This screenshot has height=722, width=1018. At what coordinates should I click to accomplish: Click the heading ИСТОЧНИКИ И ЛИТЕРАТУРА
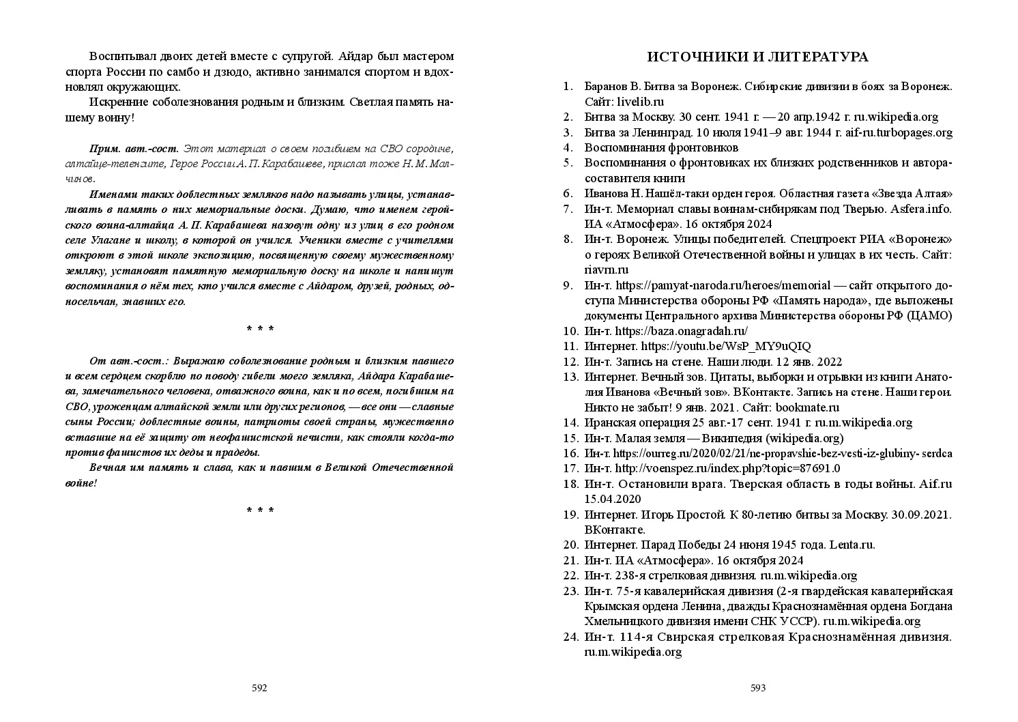pyautogui.click(x=757, y=57)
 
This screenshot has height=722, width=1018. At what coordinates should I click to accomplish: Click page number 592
pyautogui.click(x=259, y=688)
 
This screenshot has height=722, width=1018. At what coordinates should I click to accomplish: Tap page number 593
pyautogui.click(x=758, y=688)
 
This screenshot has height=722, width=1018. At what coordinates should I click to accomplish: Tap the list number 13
pyautogui.click(x=570, y=377)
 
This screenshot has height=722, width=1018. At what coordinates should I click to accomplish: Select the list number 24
pyautogui.click(x=570, y=637)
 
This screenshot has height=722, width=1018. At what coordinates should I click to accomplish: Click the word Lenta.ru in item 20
pyautogui.click(x=851, y=545)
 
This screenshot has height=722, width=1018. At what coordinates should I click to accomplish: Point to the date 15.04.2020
pyautogui.click(x=613, y=500)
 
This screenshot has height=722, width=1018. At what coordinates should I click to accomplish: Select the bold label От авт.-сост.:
pyautogui.click(x=130, y=360)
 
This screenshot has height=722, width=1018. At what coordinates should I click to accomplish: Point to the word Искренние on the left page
pyautogui.click(x=118, y=102)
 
